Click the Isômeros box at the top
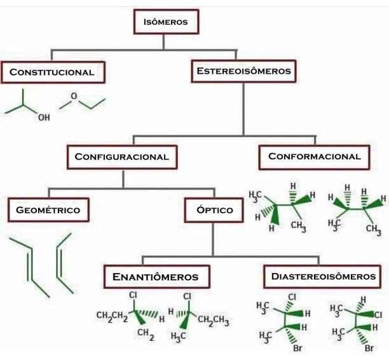[x=165, y=22]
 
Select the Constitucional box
[x=52, y=72]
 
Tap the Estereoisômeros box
[x=244, y=71]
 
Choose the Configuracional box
[x=121, y=156]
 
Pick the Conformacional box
[x=314, y=156]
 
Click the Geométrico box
[x=48, y=210]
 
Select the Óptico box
[x=214, y=210]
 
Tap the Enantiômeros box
[x=155, y=277]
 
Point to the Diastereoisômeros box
[x=323, y=276]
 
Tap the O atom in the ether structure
[x=74, y=96]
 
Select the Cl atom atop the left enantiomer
[x=133, y=295]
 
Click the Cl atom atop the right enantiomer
[x=188, y=297]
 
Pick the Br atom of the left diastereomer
[x=296, y=349]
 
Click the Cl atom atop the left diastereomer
[x=292, y=297]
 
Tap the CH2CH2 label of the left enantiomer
[x=112, y=315]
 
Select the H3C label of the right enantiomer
[x=179, y=336]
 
